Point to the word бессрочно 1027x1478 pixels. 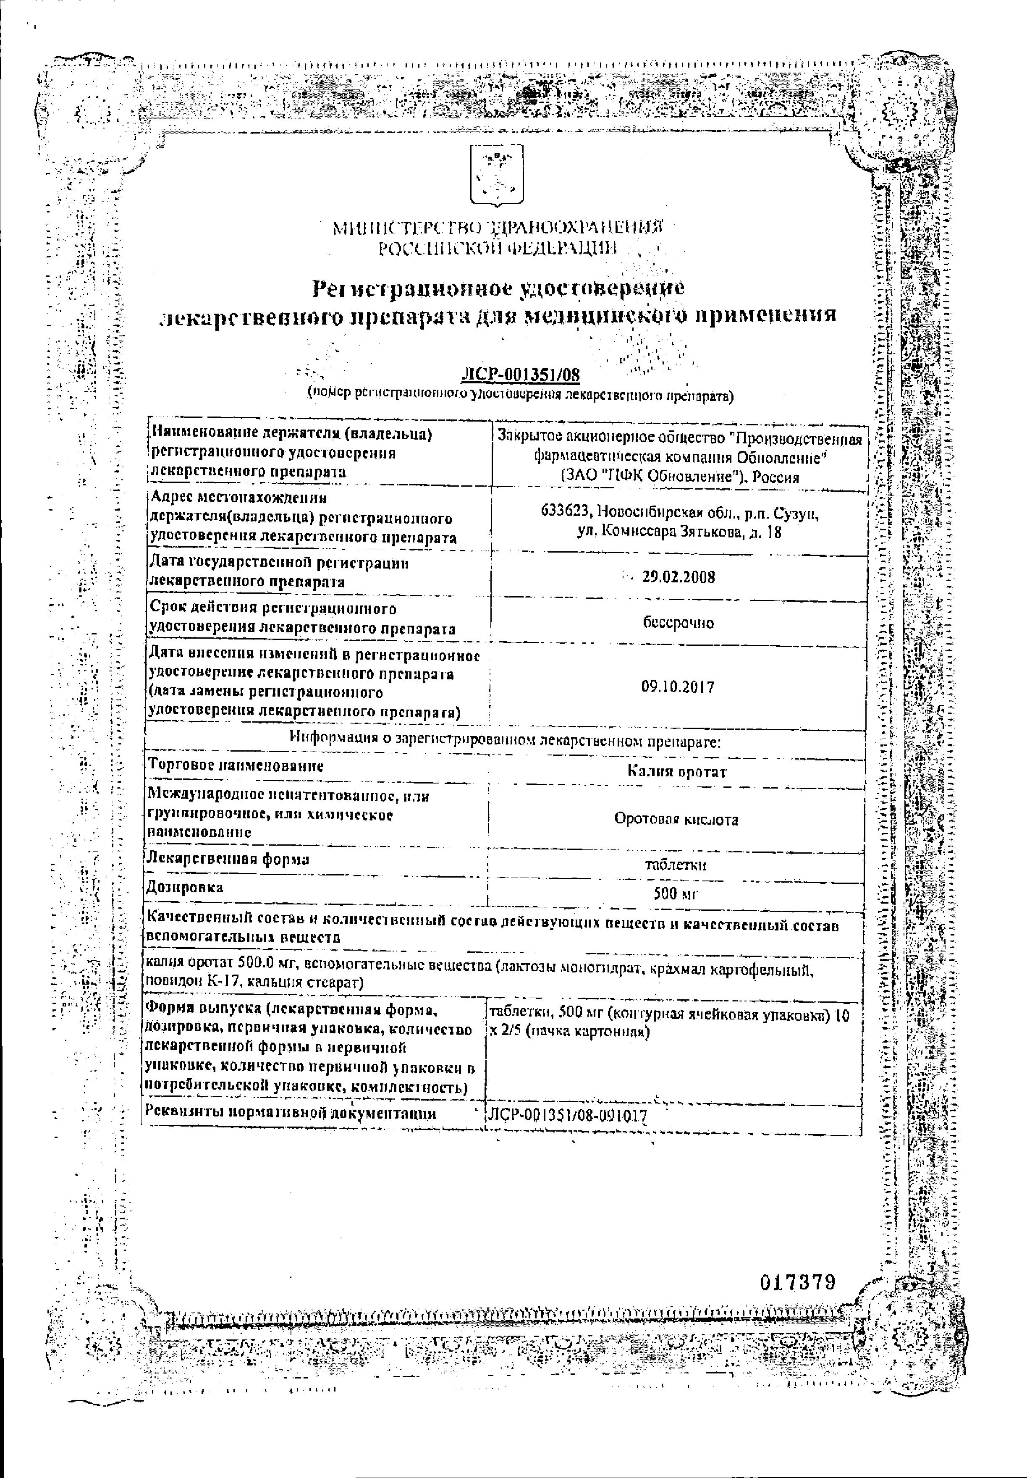click(x=678, y=623)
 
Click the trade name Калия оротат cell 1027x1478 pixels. click(x=677, y=771)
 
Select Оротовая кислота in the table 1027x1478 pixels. click(x=676, y=819)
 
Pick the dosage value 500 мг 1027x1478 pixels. click(x=676, y=894)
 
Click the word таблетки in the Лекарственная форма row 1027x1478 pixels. click(x=676, y=865)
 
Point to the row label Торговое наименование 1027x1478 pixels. click(x=236, y=766)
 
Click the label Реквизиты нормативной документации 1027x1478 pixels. click(x=291, y=1113)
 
